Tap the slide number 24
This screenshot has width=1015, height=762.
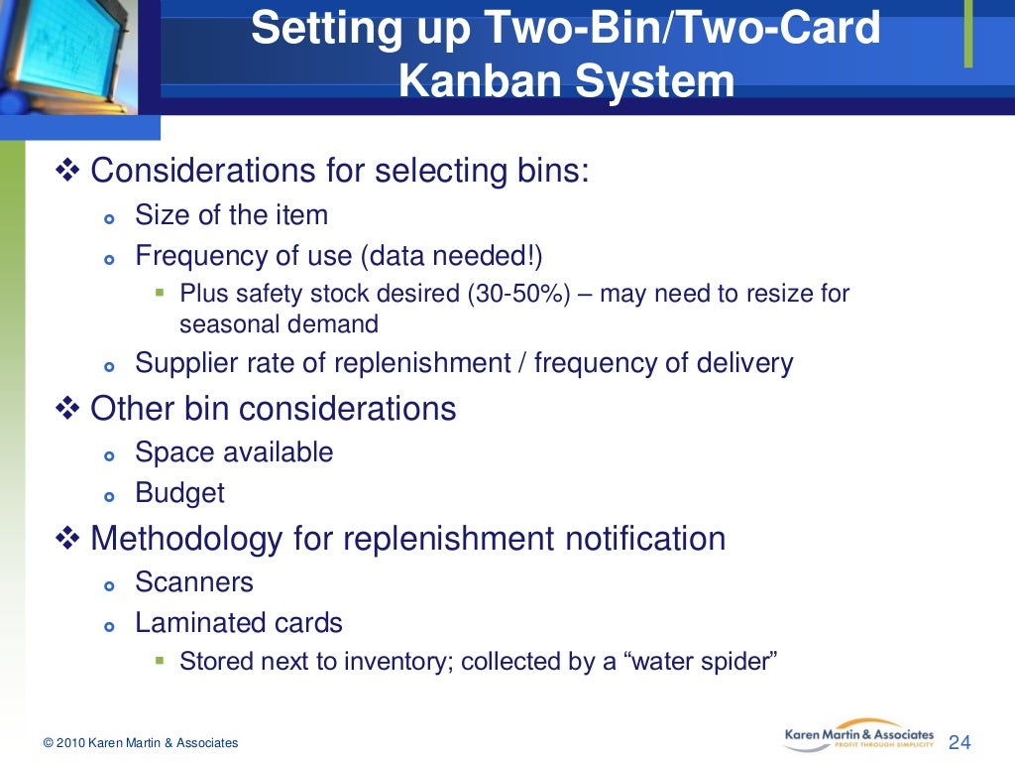tap(959, 742)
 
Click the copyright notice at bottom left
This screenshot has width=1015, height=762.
tap(141, 743)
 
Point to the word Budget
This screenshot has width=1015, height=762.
tap(179, 493)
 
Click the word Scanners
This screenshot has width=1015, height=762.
tap(194, 581)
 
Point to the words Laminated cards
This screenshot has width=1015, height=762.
tap(239, 623)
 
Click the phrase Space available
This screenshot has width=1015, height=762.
tap(234, 452)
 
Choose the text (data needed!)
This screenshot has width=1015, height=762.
tap(451, 256)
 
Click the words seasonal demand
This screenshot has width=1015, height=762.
tap(280, 323)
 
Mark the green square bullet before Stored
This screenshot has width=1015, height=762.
tap(161, 659)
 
